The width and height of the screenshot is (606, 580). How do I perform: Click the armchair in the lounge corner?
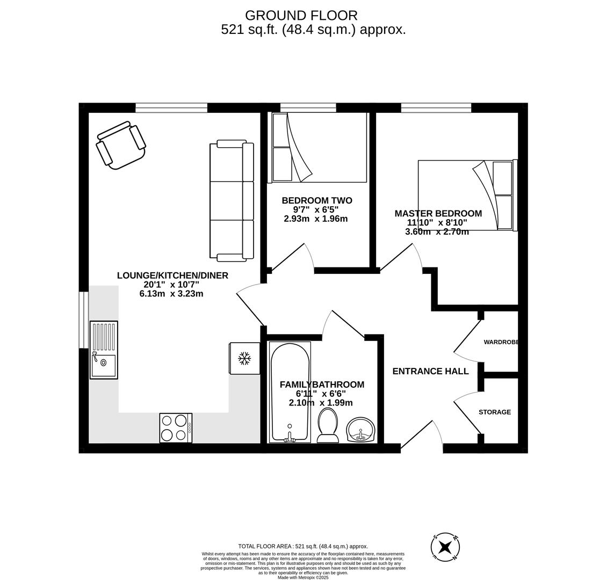(121, 146)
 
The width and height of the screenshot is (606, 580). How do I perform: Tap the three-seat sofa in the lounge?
(232, 200)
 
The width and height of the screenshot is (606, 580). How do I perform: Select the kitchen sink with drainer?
(104, 350)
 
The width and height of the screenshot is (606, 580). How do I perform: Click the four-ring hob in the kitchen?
(176, 427)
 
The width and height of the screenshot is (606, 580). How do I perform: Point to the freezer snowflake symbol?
(244, 358)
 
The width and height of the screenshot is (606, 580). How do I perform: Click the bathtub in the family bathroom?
(290, 392)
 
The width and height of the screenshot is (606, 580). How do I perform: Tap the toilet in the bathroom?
(328, 426)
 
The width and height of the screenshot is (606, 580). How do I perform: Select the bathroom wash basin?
(360, 430)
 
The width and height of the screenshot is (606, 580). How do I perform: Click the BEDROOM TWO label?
(317, 200)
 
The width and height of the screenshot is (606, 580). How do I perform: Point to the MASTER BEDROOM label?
(438, 213)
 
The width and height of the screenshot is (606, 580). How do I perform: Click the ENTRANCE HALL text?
(430, 371)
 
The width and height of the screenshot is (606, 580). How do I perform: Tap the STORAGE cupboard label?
(495, 412)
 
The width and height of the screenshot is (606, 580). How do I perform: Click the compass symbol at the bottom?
(445, 547)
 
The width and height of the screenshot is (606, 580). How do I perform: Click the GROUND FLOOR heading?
(301, 16)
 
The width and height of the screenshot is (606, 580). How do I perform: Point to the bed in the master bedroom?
(467, 195)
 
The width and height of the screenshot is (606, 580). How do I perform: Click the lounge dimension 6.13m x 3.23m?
(171, 294)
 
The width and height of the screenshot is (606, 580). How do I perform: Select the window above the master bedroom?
(436, 107)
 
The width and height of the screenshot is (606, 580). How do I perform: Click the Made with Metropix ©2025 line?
(303, 577)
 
